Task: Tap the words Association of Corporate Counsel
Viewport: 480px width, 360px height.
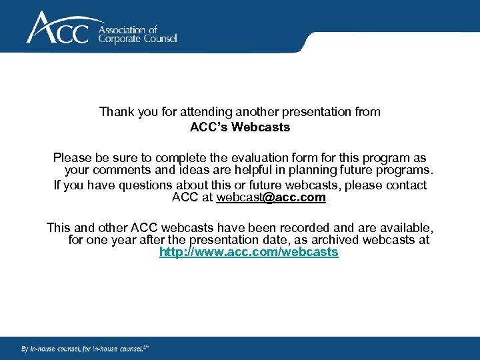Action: (x=137, y=34)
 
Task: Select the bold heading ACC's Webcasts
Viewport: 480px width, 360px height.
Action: (x=240, y=127)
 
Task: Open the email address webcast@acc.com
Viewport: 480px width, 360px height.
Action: (x=271, y=197)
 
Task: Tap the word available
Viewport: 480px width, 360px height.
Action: (x=407, y=228)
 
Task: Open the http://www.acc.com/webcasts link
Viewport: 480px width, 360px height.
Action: (x=249, y=253)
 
